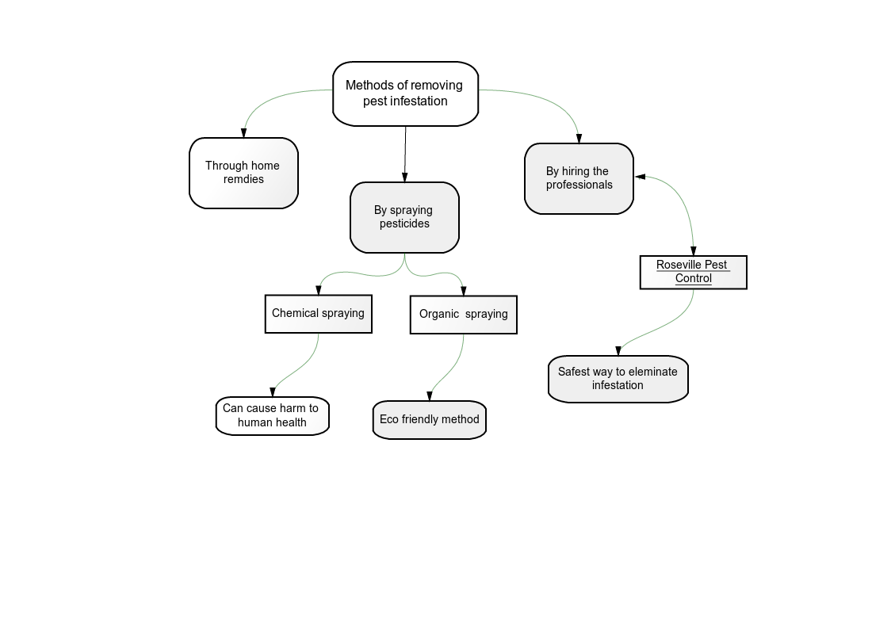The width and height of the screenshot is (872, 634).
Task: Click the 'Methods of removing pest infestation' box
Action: point(405,94)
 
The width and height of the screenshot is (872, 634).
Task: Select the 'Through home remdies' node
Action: point(243,173)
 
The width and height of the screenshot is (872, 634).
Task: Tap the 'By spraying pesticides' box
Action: point(404,217)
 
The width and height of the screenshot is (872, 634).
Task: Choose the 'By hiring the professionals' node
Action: point(579,178)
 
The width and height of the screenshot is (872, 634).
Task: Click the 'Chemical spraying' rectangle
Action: point(318,314)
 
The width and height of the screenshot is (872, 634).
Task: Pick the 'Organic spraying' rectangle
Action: point(463,314)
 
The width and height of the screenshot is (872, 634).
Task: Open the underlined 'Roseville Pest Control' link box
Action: point(693,272)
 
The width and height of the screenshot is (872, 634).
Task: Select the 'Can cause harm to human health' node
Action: point(273,415)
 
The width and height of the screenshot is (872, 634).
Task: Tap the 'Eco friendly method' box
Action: point(430,419)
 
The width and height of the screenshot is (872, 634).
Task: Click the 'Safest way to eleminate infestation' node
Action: point(618,379)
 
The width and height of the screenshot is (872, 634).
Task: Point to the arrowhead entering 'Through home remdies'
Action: point(243,133)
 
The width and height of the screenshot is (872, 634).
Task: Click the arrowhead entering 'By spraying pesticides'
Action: point(405,177)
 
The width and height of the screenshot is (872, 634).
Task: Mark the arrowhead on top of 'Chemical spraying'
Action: point(319,290)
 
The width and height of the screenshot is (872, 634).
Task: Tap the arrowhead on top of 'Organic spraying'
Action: point(463,291)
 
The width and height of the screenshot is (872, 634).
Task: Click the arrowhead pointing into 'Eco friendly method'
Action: point(430,396)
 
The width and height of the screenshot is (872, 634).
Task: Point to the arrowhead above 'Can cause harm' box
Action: point(273,392)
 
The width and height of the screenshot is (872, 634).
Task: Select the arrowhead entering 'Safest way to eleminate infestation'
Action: point(618,351)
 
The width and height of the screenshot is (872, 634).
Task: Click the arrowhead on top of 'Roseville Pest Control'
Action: point(693,250)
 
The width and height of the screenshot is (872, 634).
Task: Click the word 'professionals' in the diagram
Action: point(579,185)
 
